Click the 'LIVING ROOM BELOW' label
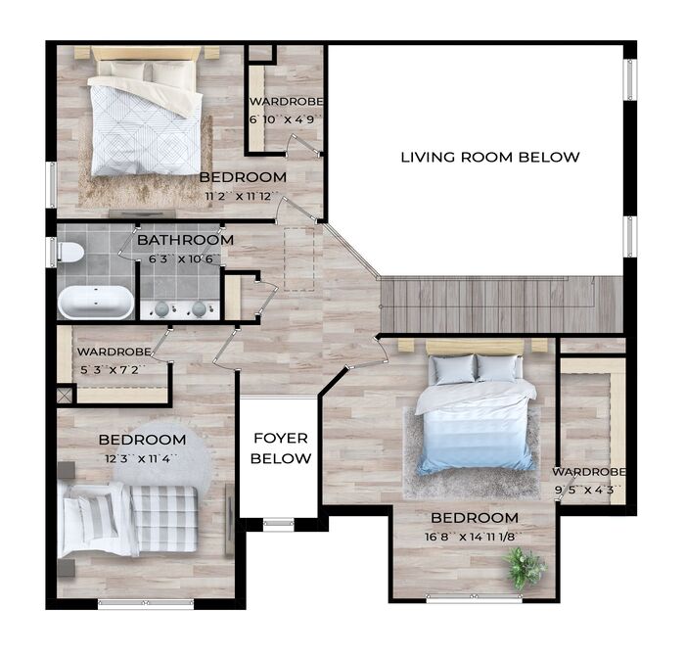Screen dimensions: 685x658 pyautogui.click(x=490, y=157)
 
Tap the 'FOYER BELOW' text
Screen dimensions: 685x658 pyautogui.click(x=281, y=448)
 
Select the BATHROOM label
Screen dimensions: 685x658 pyautogui.click(x=185, y=240)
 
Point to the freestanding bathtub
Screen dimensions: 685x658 pyautogui.click(x=96, y=303)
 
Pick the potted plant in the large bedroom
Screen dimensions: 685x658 pyautogui.click(x=525, y=568)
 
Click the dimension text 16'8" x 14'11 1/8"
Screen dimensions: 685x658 pyautogui.click(x=474, y=537)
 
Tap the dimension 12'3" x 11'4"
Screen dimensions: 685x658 pyautogui.click(x=141, y=458)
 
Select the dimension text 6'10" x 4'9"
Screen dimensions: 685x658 pyautogui.click(x=286, y=118)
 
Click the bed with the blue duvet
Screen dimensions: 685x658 pyautogui.click(x=477, y=413)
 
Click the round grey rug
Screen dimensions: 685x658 pyautogui.click(x=162, y=454)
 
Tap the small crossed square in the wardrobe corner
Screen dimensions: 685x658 pyautogui.click(x=65, y=396)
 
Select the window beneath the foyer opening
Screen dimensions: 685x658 pyautogui.click(x=279, y=523)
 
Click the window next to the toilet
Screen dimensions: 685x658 pyautogui.click(x=53, y=253)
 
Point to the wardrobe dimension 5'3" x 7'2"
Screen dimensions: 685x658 pyautogui.click(x=113, y=370)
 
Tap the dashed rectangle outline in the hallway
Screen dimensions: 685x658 pyautogui.click(x=299, y=258)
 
